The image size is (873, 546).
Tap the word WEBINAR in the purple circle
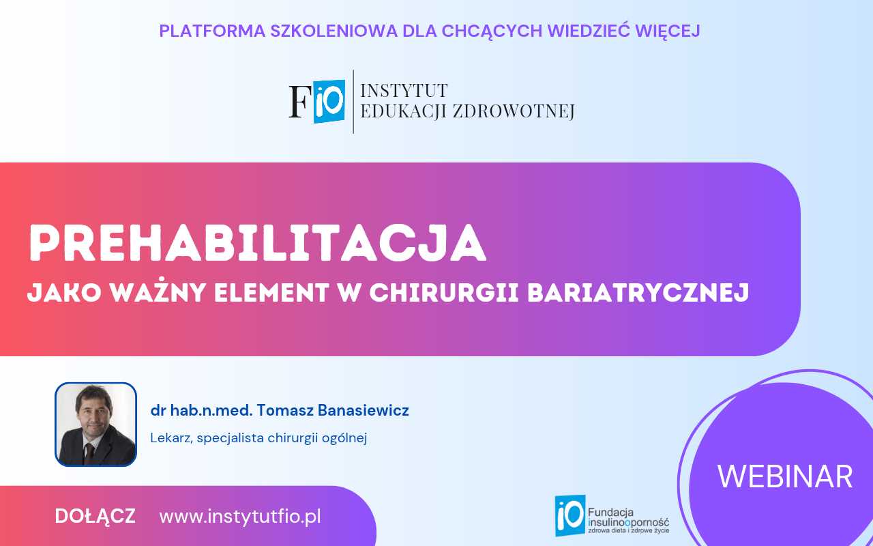tap(785, 476)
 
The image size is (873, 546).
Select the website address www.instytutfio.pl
tap(240, 517)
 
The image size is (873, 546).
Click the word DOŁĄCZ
tap(95, 517)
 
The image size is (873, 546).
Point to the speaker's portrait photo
tap(95, 424)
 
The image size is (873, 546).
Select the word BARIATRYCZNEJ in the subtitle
tap(639, 293)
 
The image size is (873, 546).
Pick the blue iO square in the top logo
tap(329, 101)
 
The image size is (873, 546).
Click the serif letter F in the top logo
tap(299, 102)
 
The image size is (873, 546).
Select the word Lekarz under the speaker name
tap(171, 438)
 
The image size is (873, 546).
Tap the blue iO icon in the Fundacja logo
tap(569, 515)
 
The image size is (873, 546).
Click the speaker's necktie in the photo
tap(89, 451)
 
